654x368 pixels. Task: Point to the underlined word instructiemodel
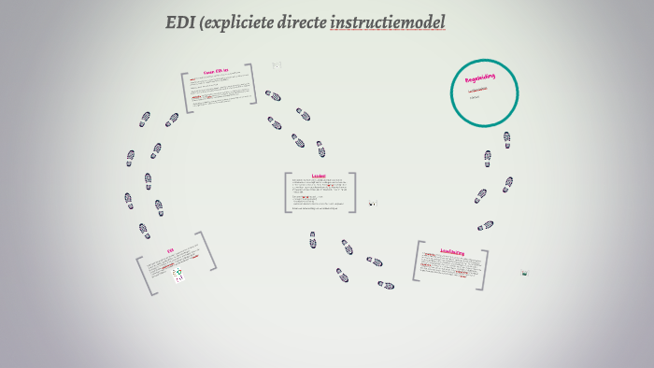click(388, 22)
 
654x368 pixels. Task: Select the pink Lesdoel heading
click(319, 176)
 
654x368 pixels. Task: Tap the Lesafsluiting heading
click(452, 252)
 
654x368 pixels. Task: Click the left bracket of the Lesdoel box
click(287, 192)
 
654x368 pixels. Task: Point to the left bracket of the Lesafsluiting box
click(418, 262)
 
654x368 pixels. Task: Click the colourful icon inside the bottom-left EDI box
click(178, 274)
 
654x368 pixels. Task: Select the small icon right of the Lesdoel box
click(372, 203)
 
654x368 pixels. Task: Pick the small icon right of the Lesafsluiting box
click(525, 273)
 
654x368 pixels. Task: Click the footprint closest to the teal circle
click(506, 139)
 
